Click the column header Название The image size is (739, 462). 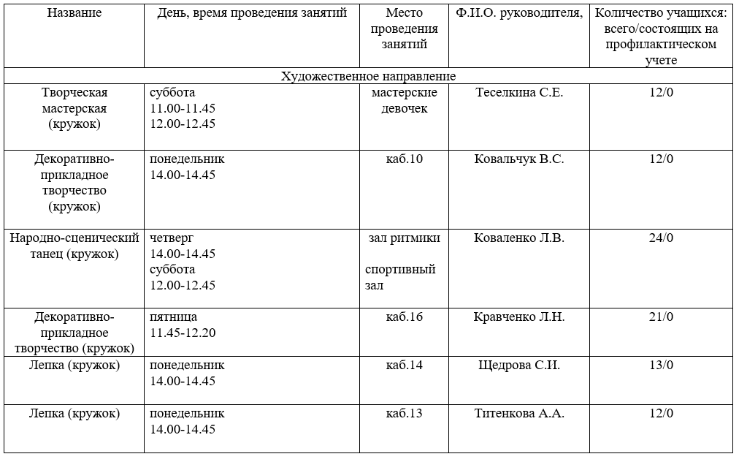[x=74, y=13]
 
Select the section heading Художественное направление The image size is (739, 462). [x=369, y=76]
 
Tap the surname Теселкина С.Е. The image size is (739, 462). [x=519, y=93]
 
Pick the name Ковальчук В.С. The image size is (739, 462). [x=519, y=159]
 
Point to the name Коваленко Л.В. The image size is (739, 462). [x=519, y=238]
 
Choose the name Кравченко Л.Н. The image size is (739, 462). [x=519, y=317]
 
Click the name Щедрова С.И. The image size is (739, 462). [x=519, y=365]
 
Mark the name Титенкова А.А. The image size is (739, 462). [x=519, y=413]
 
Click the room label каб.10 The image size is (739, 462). [x=405, y=159]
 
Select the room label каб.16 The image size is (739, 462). [x=405, y=317]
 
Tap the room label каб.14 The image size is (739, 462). [x=405, y=365]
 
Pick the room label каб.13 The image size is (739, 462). [x=405, y=413]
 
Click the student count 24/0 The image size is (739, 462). [x=661, y=238]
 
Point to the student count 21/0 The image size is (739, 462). [x=661, y=317]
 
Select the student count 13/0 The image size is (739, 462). [x=661, y=365]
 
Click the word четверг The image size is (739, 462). [x=172, y=238]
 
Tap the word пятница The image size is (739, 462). [x=173, y=317]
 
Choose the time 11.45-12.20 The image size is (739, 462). [x=183, y=333]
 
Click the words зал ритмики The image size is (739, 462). [x=405, y=238]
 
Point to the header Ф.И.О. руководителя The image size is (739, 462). [x=519, y=13]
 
